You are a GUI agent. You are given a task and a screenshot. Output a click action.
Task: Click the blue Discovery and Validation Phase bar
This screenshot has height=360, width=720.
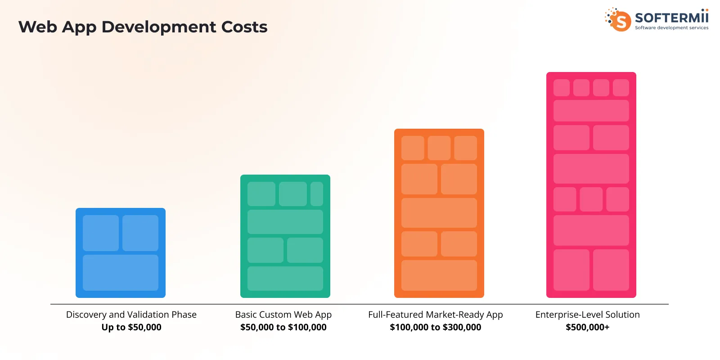[x=121, y=252]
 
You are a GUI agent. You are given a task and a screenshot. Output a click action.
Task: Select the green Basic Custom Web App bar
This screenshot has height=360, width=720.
[x=285, y=236]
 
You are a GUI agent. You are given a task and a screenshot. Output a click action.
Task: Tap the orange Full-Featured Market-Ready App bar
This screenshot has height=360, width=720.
[x=439, y=213]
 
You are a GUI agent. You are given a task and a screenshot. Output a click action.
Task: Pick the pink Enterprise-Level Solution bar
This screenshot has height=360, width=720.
[x=591, y=185]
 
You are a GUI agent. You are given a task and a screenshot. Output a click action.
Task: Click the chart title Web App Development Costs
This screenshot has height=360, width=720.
[x=143, y=27]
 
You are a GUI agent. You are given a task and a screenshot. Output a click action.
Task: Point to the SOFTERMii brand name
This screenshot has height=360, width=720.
[x=671, y=18]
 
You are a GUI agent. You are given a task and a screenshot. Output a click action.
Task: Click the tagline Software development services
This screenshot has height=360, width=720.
[x=671, y=28]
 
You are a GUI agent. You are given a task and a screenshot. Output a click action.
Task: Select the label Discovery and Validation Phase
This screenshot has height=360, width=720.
[x=131, y=315]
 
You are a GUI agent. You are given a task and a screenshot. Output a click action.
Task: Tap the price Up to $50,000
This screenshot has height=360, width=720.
[x=131, y=327]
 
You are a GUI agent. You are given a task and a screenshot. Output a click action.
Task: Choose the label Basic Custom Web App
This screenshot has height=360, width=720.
[x=283, y=315]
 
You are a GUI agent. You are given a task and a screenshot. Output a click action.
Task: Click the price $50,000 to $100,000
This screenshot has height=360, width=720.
[x=283, y=327]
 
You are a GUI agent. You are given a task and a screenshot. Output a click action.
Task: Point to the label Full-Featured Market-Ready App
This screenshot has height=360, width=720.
[x=436, y=315]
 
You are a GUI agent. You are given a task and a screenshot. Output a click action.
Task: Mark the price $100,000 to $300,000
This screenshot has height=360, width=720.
[x=436, y=327]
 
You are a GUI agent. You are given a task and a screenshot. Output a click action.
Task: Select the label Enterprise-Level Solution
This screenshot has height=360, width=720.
[x=588, y=315]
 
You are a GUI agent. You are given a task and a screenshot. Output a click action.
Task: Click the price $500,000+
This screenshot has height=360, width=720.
[x=588, y=327]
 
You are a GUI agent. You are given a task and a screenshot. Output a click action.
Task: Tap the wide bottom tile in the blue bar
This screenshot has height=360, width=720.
[x=121, y=273]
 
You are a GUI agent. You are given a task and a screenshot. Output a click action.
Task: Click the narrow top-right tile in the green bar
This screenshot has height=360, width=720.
[x=317, y=194]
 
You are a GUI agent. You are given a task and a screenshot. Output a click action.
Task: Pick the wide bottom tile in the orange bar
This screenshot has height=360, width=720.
[x=439, y=275]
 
